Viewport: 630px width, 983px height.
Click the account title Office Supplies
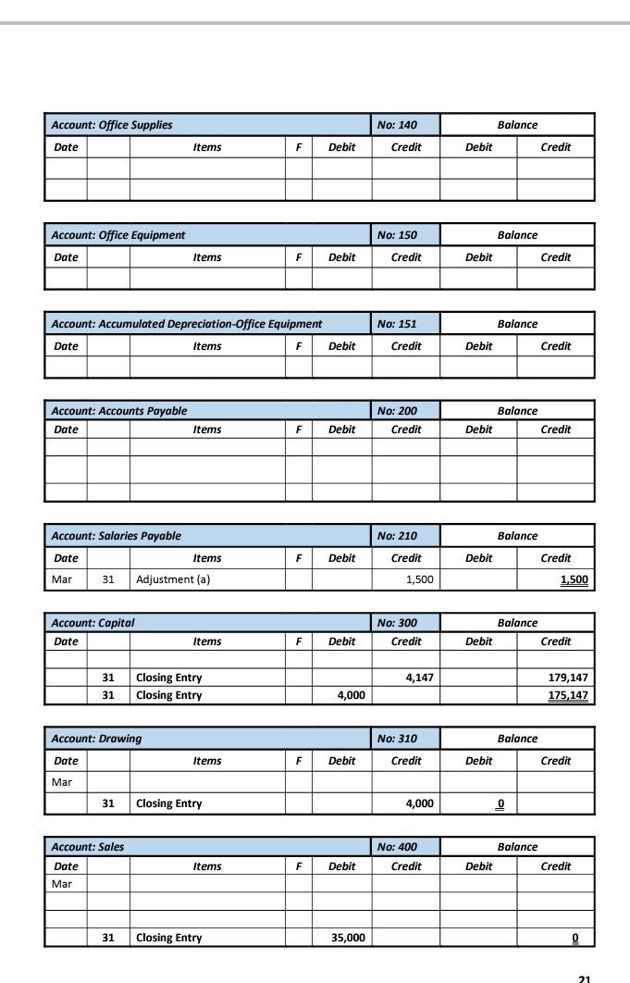click(111, 125)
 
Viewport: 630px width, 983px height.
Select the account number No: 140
click(397, 125)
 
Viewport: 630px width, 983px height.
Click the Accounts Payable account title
click(118, 411)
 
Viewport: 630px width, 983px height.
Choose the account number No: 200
click(397, 411)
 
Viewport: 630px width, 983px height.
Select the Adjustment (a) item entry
click(173, 580)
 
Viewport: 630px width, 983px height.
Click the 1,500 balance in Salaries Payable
click(574, 580)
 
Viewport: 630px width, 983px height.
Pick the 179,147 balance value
click(569, 678)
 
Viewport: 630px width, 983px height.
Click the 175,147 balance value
click(569, 695)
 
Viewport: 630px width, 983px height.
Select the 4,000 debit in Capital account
click(351, 695)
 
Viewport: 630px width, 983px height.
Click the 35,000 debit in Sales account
click(348, 938)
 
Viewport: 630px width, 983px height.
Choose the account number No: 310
click(397, 739)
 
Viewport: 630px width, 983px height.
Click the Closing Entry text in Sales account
click(168, 938)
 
